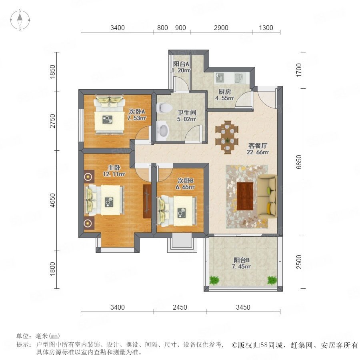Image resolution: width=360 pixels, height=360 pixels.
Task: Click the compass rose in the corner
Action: (x=20, y=20)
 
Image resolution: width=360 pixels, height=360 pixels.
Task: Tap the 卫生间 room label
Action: (x=187, y=112)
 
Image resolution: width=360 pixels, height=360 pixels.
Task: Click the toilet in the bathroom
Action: (x=164, y=108)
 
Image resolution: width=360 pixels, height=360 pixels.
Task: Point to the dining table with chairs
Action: (x=227, y=137)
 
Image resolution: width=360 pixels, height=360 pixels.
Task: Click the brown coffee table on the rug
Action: (x=245, y=196)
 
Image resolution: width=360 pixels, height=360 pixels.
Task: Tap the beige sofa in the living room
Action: (x=267, y=195)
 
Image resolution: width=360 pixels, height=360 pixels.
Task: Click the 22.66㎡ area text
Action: (x=258, y=152)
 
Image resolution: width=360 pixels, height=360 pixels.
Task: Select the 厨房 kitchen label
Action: (x=224, y=92)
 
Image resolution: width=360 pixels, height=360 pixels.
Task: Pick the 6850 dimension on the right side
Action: (x=298, y=162)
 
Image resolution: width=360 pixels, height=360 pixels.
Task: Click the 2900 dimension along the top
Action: (x=221, y=28)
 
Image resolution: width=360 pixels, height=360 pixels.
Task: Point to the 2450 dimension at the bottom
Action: (x=180, y=307)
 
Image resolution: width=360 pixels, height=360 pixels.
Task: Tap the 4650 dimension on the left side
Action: (x=52, y=200)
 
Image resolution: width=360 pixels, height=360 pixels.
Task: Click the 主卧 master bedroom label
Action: (x=114, y=168)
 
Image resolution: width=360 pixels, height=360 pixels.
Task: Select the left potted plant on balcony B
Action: (x=214, y=280)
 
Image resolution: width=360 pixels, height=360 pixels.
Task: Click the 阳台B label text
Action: (x=242, y=260)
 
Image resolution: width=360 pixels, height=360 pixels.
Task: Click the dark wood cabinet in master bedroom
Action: (x=147, y=201)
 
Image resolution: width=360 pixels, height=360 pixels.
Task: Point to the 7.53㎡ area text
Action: (x=137, y=118)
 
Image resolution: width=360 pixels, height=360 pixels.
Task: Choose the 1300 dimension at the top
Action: (x=266, y=28)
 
